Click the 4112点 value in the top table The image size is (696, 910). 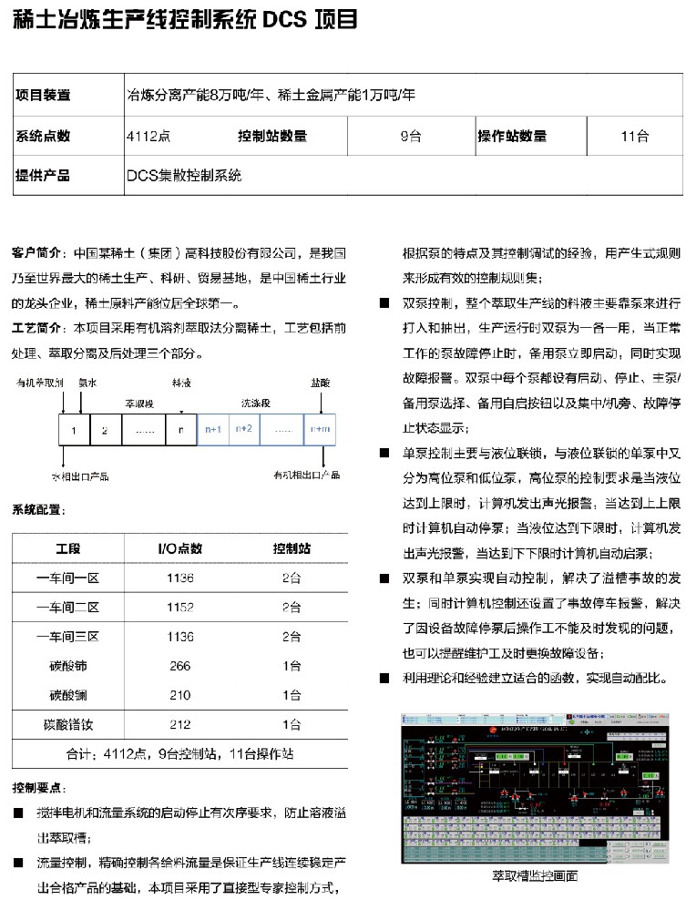(x=148, y=137)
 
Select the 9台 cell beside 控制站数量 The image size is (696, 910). (x=409, y=137)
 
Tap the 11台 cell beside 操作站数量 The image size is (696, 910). (x=634, y=137)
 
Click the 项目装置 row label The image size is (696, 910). (x=43, y=95)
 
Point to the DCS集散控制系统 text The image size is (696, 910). (x=183, y=177)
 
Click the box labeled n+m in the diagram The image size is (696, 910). (x=320, y=429)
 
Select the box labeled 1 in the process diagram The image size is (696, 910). (x=74, y=429)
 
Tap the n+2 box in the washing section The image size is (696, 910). (x=243, y=429)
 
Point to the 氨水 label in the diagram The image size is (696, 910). (x=87, y=383)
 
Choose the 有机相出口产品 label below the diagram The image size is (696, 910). (x=306, y=475)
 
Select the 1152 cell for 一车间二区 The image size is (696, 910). (x=179, y=607)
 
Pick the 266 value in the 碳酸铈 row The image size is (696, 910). (x=179, y=666)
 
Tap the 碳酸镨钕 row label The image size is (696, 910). (x=68, y=724)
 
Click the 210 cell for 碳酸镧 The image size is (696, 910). (x=179, y=695)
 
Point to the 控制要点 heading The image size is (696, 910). (x=38, y=786)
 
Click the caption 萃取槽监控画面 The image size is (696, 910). (x=541, y=875)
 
